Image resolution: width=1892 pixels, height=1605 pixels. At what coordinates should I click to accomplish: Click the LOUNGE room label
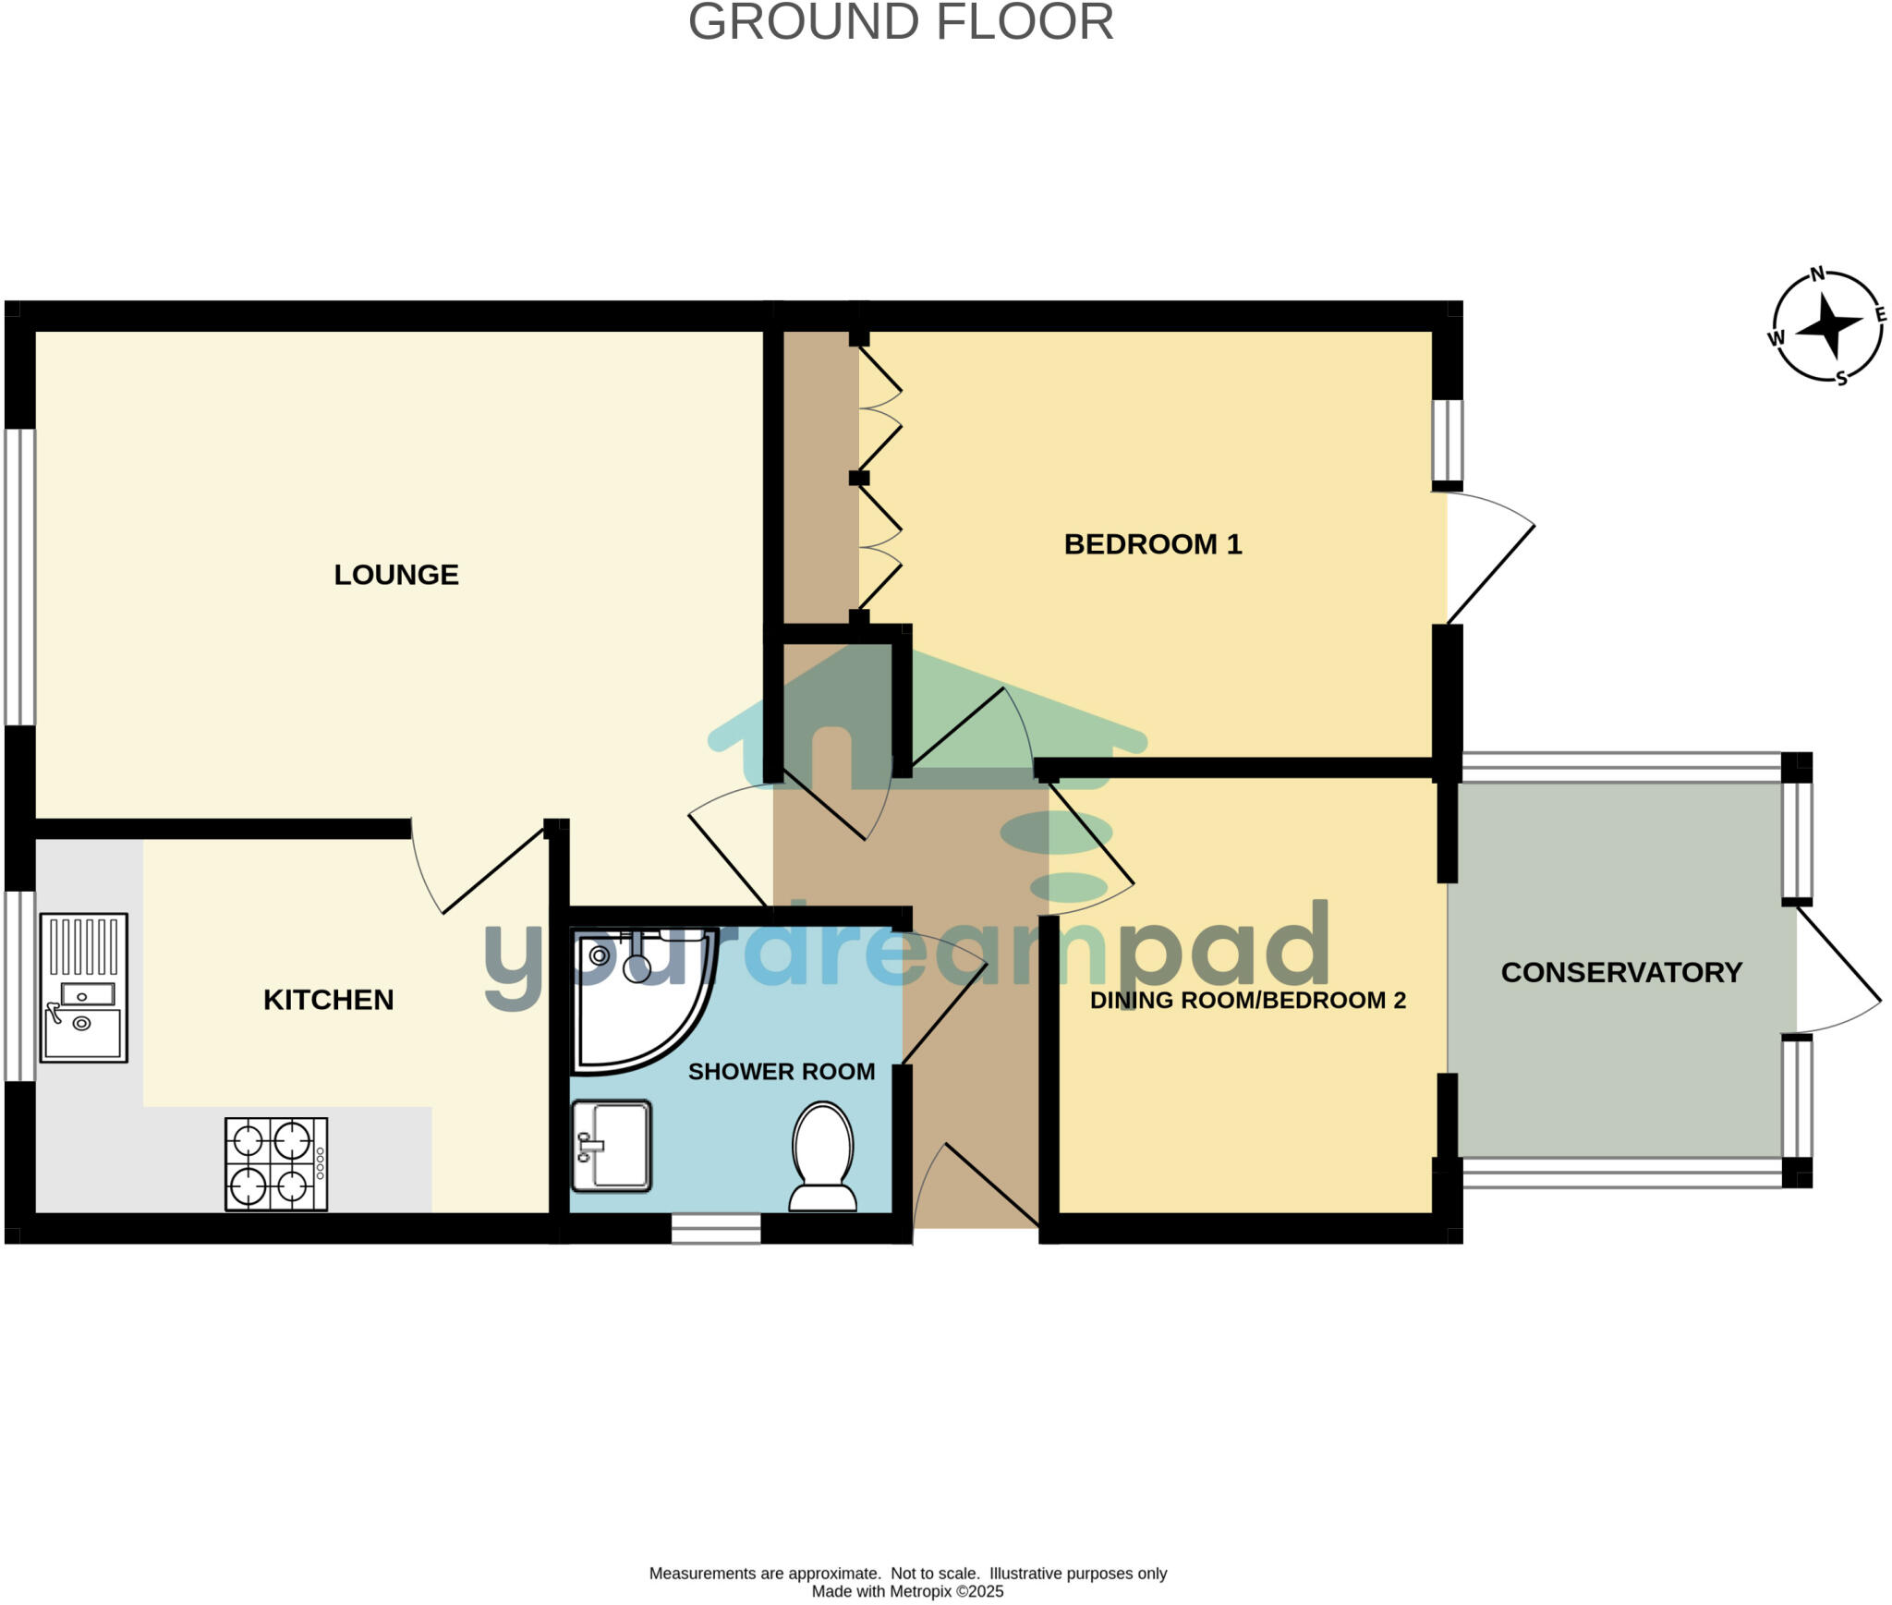coord(395,575)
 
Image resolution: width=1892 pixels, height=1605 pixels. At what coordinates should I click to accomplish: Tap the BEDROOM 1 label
coord(1152,544)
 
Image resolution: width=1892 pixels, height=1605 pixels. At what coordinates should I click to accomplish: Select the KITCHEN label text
coord(328,1000)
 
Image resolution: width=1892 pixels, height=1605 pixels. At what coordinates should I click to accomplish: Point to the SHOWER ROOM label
coord(781,1072)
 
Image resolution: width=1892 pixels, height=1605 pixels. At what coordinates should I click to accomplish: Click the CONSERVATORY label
coord(1621,972)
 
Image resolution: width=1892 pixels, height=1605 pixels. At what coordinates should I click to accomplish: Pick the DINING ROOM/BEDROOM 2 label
coord(1247,1001)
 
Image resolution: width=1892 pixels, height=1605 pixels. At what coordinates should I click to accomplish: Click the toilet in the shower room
coord(822,1156)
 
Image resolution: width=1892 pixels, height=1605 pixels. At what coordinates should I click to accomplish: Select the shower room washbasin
coord(611,1145)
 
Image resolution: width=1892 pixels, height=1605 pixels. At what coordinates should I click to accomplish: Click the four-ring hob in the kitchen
coord(276,1164)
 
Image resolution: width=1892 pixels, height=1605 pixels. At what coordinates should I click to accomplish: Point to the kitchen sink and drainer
coord(83,988)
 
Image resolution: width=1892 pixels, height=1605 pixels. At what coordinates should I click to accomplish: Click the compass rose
coord(1827,325)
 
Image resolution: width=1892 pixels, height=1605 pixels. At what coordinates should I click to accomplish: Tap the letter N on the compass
coord(1817,274)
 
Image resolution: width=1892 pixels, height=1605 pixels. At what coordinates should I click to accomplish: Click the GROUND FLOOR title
coord(901,22)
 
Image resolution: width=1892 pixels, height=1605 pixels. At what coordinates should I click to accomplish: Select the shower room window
coord(715,1229)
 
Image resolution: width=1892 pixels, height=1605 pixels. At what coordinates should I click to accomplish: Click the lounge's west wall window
coord(19,577)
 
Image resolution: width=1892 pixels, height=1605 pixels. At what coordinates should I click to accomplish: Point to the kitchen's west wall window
coord(19,985)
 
